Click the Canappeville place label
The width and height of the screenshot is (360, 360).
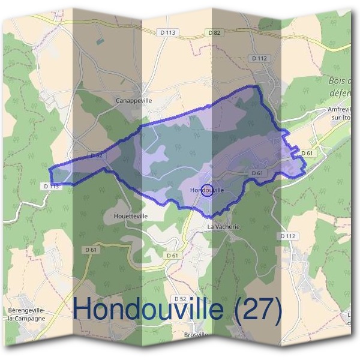click(133, 101)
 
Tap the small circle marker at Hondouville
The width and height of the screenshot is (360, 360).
click(206, 190)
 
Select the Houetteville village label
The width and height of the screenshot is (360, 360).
click(130, 215)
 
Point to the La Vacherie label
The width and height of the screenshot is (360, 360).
click(223, 227)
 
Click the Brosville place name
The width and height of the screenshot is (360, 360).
click(196, 334)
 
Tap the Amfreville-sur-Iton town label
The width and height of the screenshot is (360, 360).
click(343, 113)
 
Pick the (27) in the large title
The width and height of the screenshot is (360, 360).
click(257, 309)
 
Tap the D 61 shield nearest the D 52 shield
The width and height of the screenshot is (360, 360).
click(172, 255)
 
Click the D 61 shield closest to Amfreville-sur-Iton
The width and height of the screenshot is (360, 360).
click(307, 153)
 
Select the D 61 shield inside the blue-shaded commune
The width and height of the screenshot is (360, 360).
click(258, 173)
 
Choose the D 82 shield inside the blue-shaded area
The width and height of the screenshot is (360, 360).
click(96, 155)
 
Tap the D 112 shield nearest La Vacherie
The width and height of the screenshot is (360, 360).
click(288, 236)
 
